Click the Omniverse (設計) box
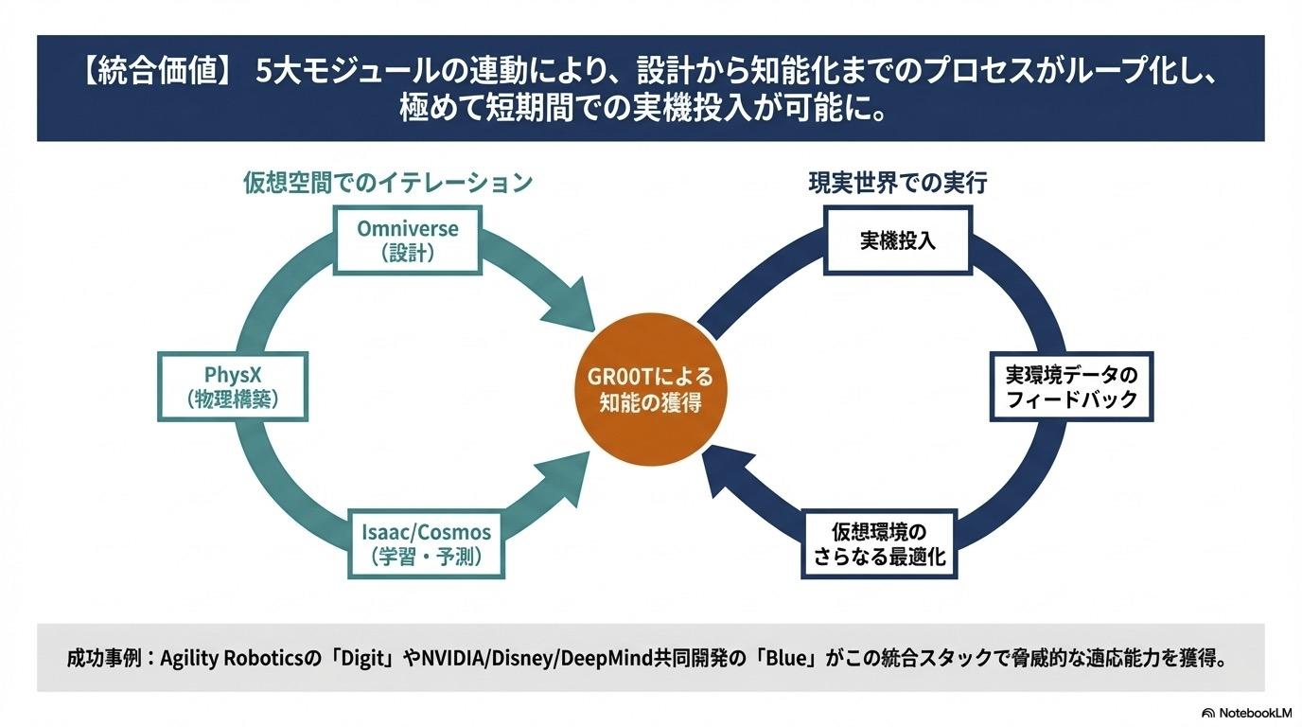click(408, 240)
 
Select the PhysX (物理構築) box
click(232, 387)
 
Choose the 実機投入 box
click(897, 240)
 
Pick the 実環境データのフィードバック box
click(1070, 387)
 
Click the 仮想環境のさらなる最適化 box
click(879, 543)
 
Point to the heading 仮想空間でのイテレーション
click(389, 183)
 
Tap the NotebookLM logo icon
click(1208, 713)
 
